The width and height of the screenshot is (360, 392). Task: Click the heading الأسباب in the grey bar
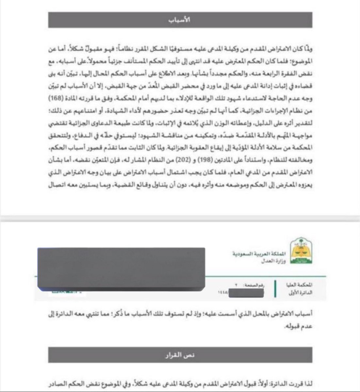pyautogui.click(x=180, y=20)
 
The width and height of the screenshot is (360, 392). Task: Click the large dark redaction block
pyautogui.click(x=121, y=269)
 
